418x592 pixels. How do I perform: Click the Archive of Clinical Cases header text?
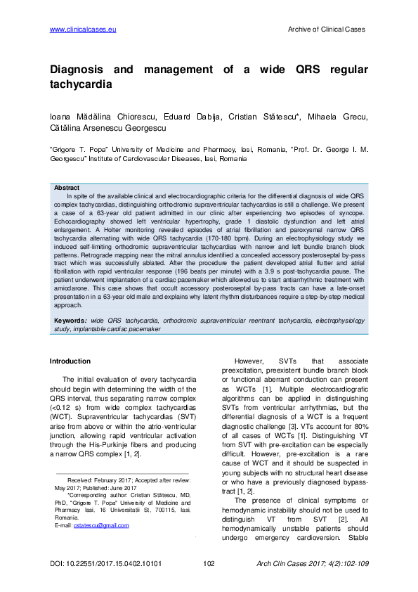[327, 29]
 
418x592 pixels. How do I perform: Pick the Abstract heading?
[67, 188]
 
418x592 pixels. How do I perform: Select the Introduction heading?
[70, 361]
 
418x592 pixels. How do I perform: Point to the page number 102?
[208, 564]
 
